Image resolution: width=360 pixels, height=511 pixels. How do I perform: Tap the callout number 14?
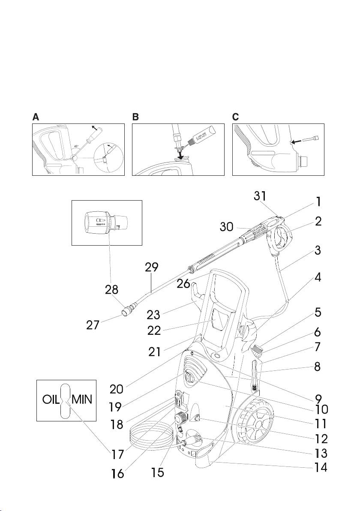pos(321,467)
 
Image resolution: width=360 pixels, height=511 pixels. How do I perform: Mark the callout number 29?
pos(152,268)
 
